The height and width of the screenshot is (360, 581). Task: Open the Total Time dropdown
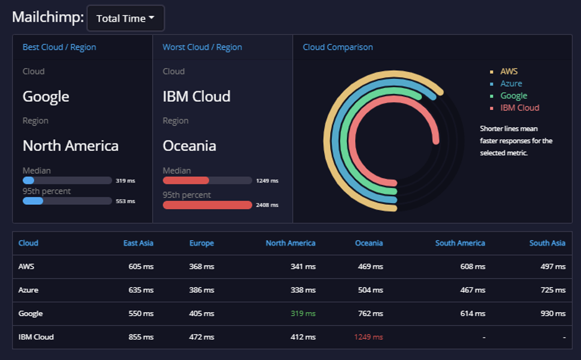click(125, 18)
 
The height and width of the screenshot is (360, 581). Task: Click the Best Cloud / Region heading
click(60, 47)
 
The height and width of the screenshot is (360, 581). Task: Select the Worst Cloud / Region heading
click(202, 47)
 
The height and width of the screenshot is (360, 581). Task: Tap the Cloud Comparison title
click(338, 47)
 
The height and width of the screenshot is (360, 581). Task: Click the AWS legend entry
click(509, 71)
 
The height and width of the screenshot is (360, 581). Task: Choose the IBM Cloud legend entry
click(520, 108)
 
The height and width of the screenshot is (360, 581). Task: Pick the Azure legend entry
click(511, 84)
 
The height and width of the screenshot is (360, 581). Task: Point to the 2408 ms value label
click(267, 205)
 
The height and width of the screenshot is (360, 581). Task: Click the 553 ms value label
click(125, 201)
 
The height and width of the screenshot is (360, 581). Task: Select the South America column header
click(460, 243)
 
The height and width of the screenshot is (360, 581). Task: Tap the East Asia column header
click(138, 243)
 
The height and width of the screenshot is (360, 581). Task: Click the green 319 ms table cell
click(303, 313)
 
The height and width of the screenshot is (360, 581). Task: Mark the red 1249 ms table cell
click(368, 337)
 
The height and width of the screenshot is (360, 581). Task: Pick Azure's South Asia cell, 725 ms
click(553, 290)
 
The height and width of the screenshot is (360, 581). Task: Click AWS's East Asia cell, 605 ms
click(141, 266)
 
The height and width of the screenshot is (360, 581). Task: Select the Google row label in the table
click(30, 313)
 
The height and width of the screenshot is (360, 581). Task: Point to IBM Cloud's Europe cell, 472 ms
click(202, 337)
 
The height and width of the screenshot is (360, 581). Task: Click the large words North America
click(70, 146)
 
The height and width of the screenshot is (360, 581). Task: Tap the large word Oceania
click(189, 146)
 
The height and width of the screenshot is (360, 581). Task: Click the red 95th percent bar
click(207, 205)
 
